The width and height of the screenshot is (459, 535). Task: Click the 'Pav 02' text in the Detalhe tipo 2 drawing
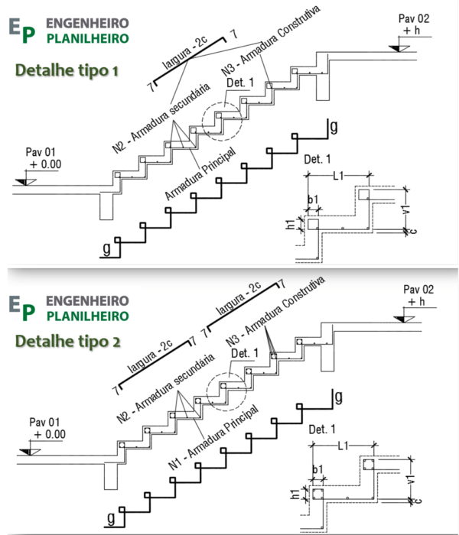tap(420, 290)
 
